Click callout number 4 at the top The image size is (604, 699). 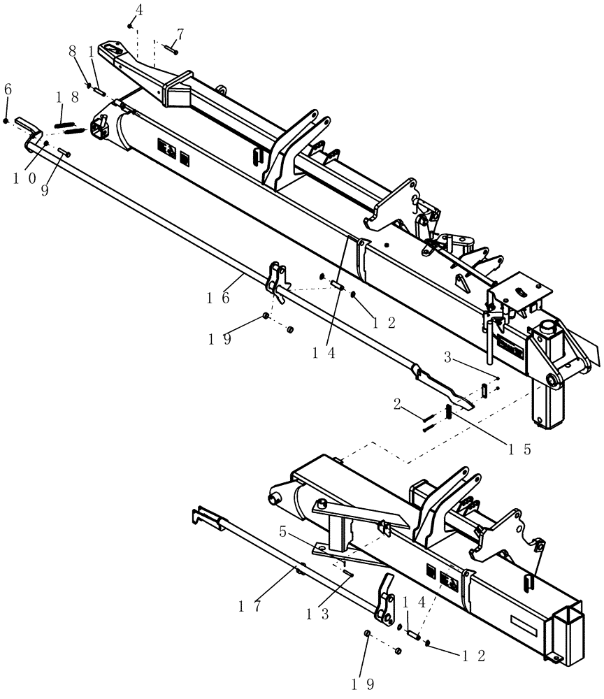[x=139, y=10]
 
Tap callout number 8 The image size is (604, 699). [x=72, y=51]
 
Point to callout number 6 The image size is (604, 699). [x=8, y=89]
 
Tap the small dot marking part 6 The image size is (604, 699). [x=6, y=121]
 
